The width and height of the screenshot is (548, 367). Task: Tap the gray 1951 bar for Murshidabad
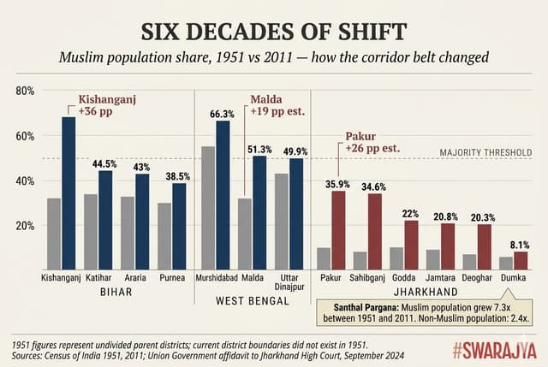pos(207,209)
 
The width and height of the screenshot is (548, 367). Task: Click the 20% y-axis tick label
pos(24,226)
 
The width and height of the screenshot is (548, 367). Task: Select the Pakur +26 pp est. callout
pos(371,143)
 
